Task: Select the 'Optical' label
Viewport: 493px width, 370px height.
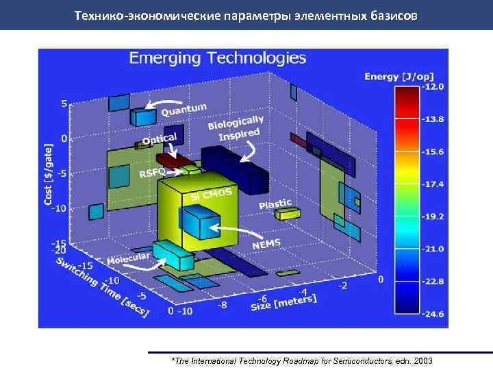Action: pyautogui.click(x=159, y=141)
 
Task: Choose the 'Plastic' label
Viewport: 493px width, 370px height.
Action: pyautogui.click(x=275, y=204)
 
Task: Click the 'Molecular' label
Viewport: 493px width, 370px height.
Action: pyautogui.click(x=129, y=259)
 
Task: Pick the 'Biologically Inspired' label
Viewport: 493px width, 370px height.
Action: pyautogui.click(x=237, y=129)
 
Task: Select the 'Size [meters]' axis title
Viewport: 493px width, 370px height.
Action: pyautogui.click(x=288, y=301)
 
